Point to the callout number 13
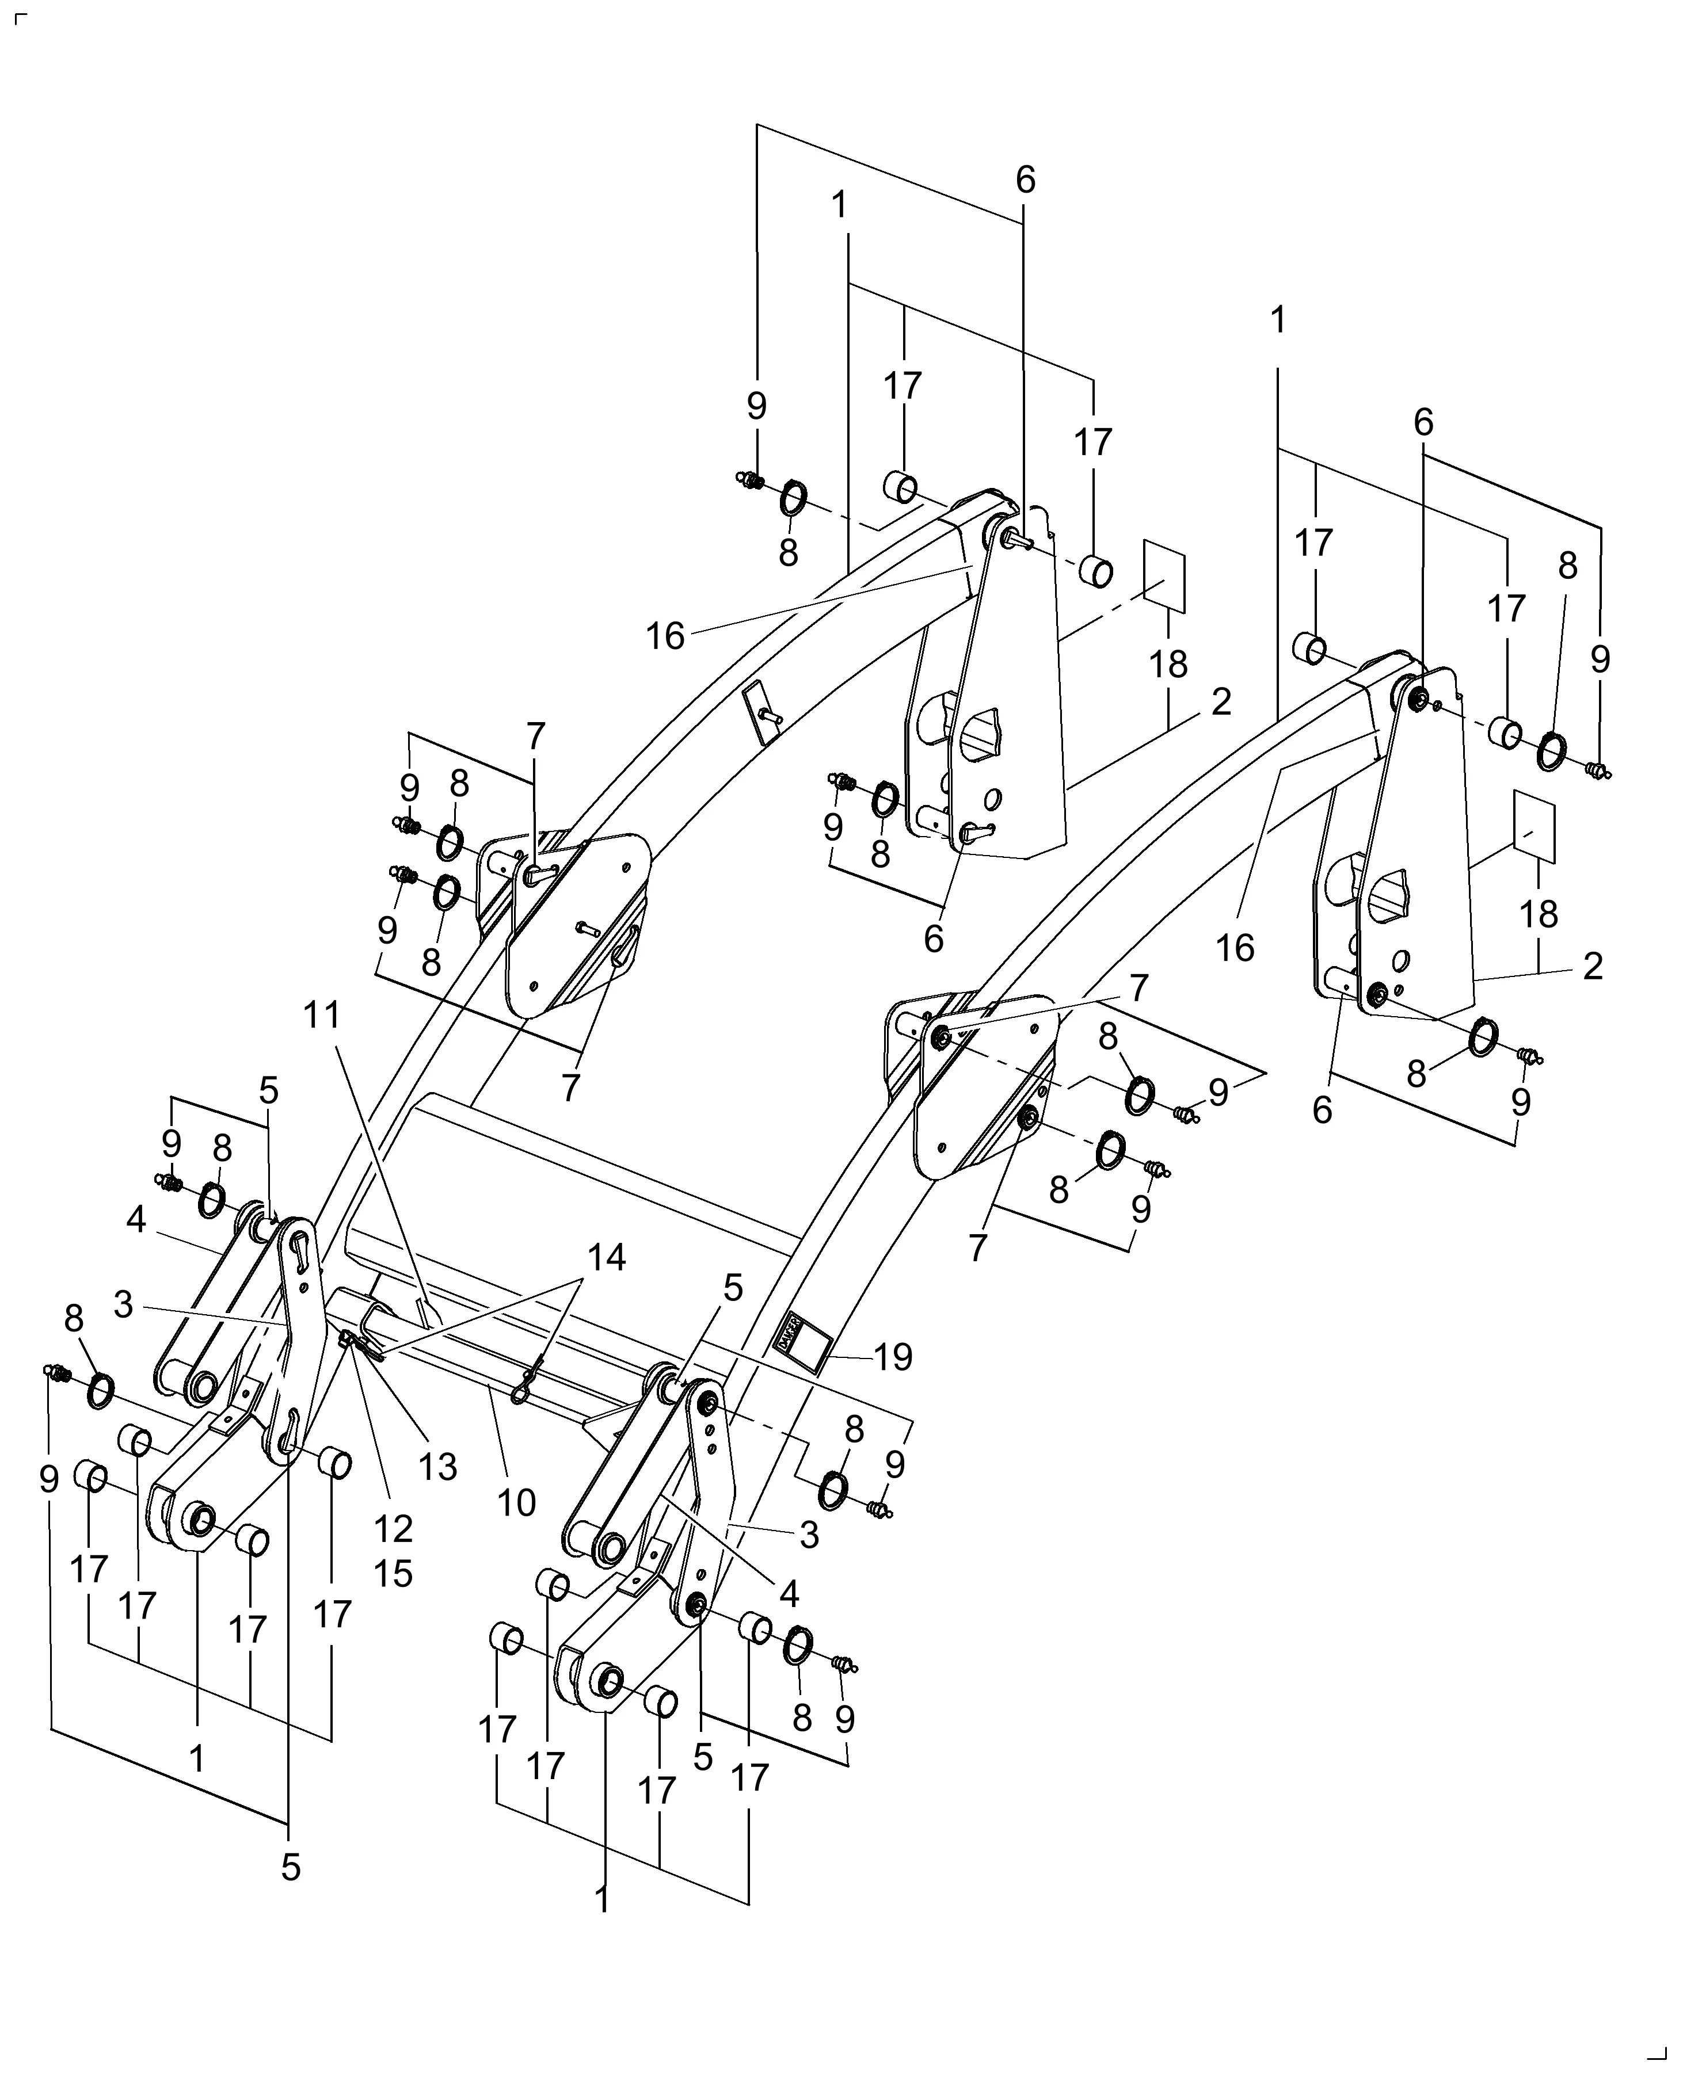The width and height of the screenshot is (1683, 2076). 437,1467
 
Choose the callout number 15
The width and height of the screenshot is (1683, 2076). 393,1573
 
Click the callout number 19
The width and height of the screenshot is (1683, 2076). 893,1357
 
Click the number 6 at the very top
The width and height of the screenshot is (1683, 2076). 1026,180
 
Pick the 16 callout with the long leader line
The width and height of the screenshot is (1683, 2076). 666,636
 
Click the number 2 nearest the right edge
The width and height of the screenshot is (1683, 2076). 1593,966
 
